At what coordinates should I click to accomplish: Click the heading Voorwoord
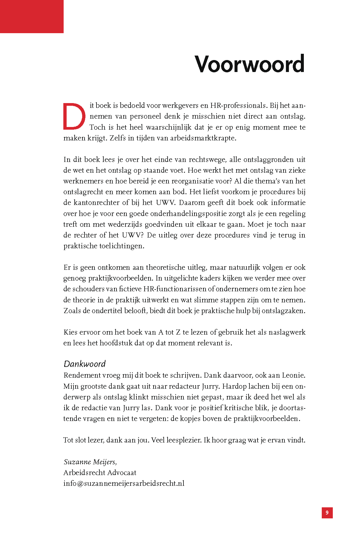point(249,64)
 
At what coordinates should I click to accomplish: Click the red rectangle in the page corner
point(32,16)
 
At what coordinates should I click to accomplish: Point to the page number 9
point(327,513)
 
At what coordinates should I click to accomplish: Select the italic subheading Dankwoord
point(85,364)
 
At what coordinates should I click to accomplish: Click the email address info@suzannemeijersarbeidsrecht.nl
point(124,483)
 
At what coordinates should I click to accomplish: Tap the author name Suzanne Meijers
point(90,462)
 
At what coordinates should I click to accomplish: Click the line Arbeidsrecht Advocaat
point(100,472)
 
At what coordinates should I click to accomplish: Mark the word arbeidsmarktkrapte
point(203,138)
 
